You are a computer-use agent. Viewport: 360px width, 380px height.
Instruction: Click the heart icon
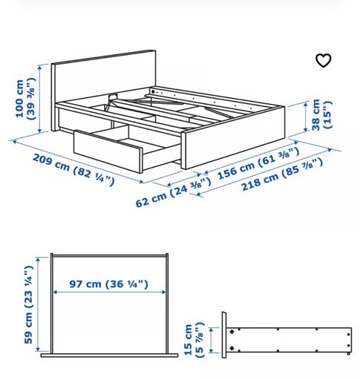point(324,60)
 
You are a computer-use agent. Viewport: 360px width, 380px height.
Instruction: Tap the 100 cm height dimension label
point(25,99)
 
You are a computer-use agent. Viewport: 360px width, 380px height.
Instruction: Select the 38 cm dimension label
point(321,115)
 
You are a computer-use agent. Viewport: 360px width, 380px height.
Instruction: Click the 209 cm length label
point(73,169)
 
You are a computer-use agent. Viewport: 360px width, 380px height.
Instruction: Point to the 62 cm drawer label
point(173,192)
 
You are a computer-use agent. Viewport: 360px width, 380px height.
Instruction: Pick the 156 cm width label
point(258,163)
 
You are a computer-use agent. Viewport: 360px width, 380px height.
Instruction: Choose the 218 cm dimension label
point(282,174)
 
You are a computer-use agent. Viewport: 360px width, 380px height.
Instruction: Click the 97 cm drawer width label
point(108,284)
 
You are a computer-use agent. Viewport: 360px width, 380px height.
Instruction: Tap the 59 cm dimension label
point(29,305)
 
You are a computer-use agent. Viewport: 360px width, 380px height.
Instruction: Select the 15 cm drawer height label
point(194,339)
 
